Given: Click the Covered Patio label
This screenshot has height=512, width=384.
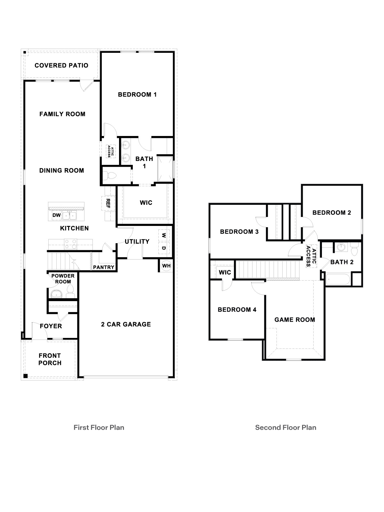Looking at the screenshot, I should coord(61,66).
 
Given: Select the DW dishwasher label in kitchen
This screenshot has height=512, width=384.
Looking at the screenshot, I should coord(57,215).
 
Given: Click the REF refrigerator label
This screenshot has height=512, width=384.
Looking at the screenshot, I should coord(108,203).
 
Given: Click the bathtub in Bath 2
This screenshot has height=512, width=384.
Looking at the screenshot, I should coord(339,279).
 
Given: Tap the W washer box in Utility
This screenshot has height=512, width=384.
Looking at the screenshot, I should coord(164,235).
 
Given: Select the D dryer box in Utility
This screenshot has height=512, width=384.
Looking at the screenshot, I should coord(164,248).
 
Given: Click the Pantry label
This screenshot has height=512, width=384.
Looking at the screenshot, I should coord(104,267).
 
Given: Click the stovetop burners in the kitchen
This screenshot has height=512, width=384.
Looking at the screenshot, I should coord(71,244).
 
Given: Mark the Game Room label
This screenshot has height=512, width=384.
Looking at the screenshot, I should coord(295,320).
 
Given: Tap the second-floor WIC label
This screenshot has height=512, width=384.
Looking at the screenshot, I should coord(225,273).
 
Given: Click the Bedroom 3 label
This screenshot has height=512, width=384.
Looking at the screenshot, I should coord(239,232).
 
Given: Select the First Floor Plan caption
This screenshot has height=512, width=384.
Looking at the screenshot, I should coord(99,428).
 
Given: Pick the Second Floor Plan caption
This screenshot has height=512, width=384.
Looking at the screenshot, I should coord(285,428).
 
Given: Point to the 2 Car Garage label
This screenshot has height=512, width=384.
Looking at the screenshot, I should coord(126,324).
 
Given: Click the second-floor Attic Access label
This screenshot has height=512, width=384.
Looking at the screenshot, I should coord(311,258).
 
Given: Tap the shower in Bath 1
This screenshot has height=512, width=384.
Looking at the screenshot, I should coord(165,169).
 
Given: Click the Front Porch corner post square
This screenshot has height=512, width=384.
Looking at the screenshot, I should coord(26,376).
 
